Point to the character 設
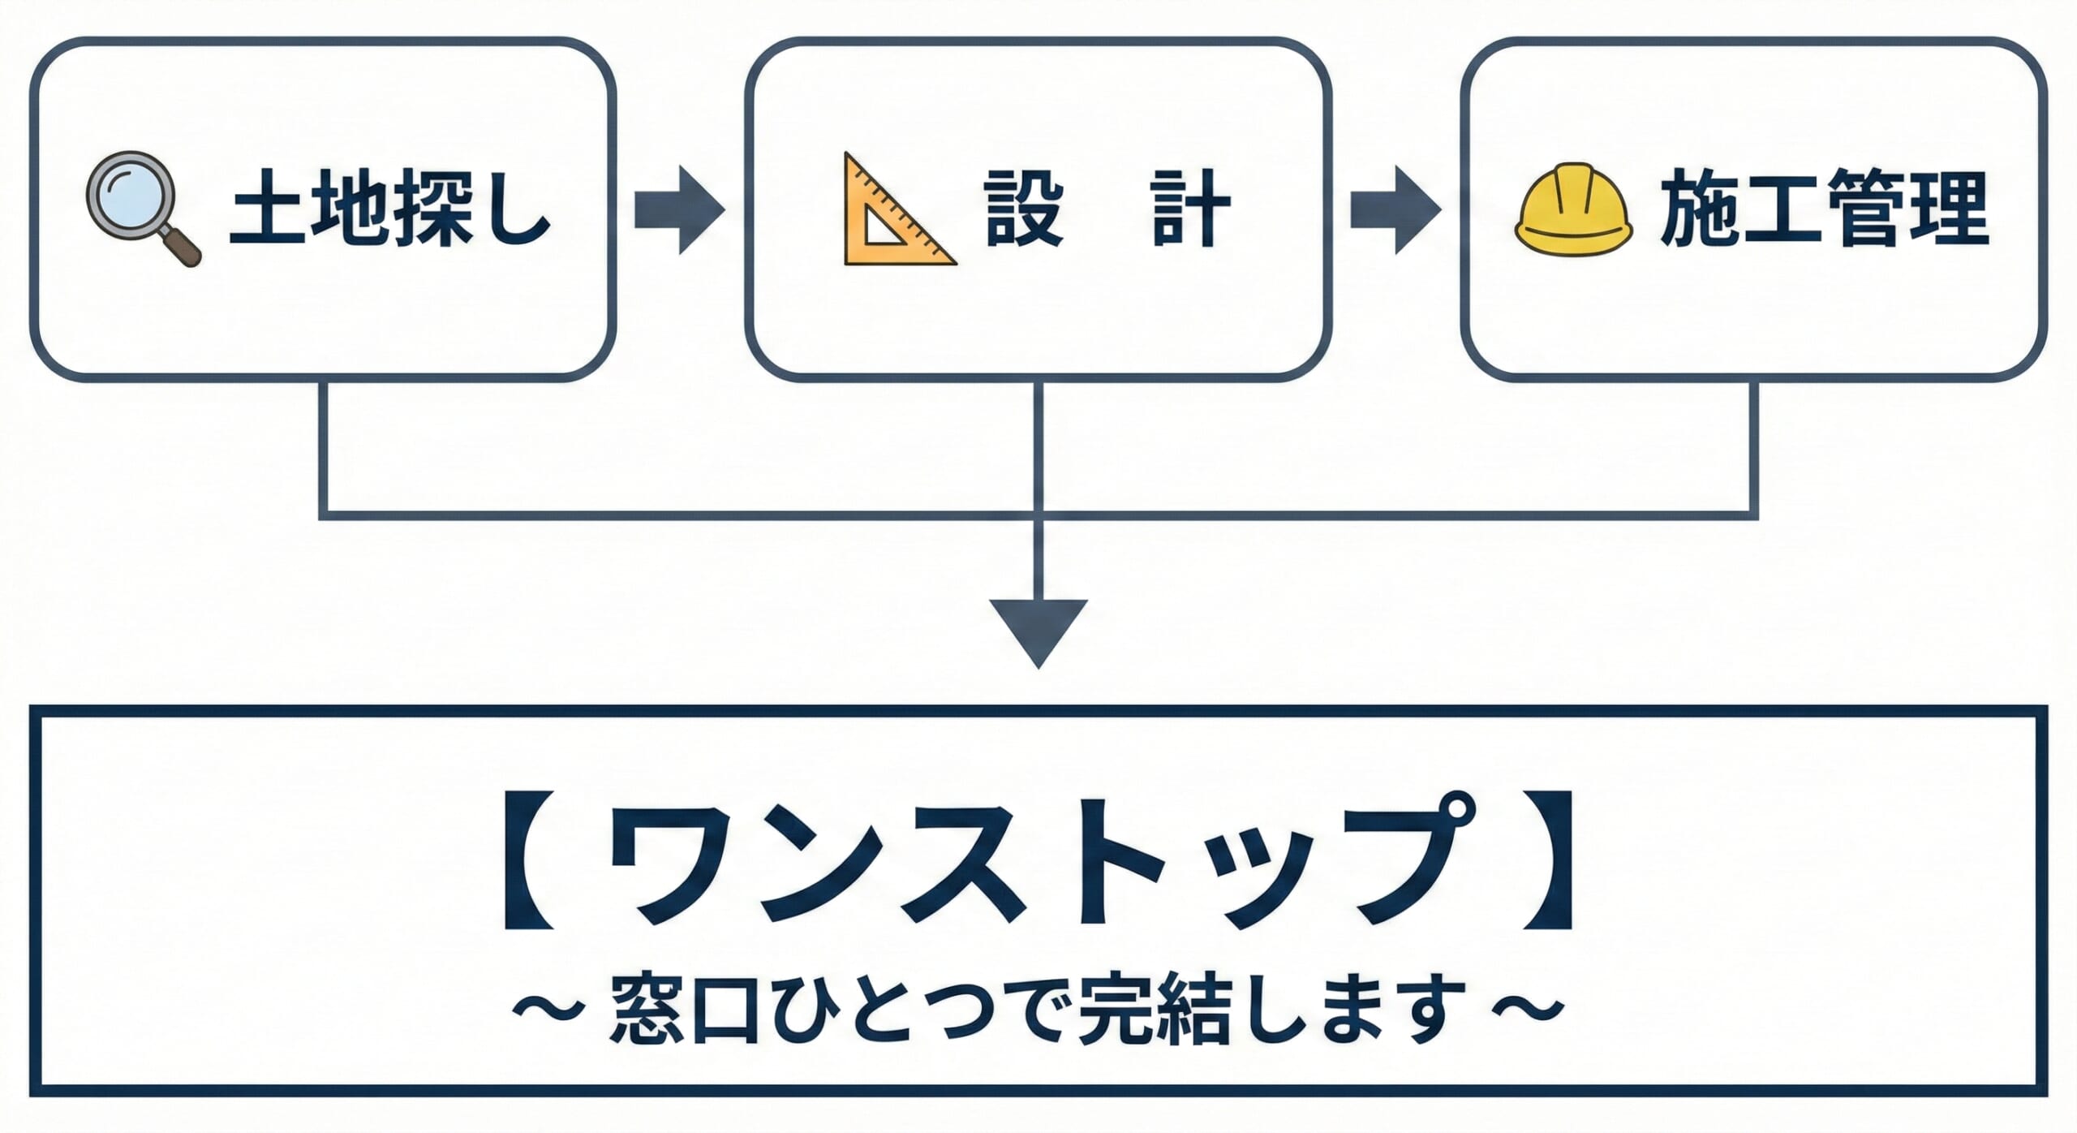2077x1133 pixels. click(x=1024, y=209)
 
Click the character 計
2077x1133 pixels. click(x=1190, y=209)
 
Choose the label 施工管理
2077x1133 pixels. click(x=1824, y=209)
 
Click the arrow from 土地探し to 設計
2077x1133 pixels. click(x=679, y=210)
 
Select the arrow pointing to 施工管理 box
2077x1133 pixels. click(x=1395, y=210)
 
